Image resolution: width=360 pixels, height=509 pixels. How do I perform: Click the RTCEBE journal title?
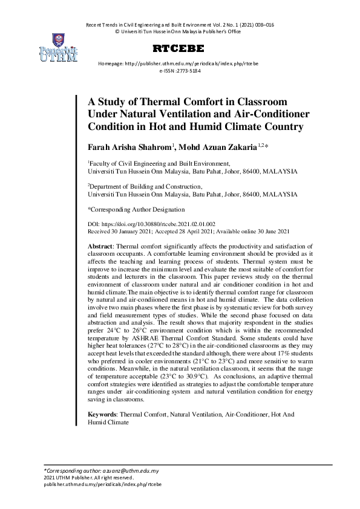coord(179,48)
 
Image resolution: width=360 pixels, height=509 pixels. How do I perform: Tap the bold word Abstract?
coord(100,247)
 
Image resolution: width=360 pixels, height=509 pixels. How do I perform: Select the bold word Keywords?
coord(102,415)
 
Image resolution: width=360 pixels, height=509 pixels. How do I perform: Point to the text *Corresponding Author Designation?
coord(136,209)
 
